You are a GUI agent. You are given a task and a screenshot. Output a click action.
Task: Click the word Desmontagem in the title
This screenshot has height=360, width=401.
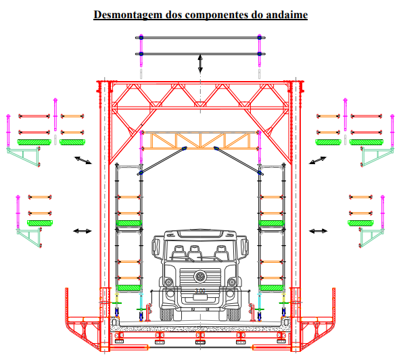pos(128,15)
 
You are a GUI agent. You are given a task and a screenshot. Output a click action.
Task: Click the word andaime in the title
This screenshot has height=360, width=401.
pos(287,15)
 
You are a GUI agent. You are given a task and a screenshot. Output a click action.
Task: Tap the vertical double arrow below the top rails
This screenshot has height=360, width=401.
pos(200,63)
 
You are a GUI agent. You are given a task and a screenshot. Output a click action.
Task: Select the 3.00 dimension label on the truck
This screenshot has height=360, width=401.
pos(200,290)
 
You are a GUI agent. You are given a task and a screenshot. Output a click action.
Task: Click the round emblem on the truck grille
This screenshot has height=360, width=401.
pos(200,276)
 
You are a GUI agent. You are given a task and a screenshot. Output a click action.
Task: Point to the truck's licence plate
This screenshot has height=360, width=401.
pos(200,297)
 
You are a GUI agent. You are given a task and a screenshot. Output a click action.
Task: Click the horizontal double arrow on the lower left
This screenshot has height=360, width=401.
pos(82,231)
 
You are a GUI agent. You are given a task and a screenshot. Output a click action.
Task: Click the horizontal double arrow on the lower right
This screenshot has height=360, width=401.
pos(318,231)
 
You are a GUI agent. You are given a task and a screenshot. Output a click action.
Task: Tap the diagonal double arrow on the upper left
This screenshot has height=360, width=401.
pos(83,161)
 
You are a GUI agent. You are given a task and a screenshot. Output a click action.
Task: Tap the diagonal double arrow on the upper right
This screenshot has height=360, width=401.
pos(318,161)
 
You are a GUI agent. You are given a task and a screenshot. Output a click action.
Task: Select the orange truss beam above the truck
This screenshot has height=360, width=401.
pos(200,140)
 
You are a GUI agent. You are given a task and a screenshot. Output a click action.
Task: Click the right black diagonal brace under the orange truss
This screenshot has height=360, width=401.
pos(238,161)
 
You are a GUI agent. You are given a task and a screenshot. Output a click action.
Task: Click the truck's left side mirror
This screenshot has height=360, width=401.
pos(156,245)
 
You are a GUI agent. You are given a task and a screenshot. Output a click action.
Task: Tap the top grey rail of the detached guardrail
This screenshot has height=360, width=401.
pos(200,38)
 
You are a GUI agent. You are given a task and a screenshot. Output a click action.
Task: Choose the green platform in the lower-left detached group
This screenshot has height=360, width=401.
pos(40,223)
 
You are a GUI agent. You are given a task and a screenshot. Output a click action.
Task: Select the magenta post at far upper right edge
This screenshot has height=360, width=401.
pos(392,131)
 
